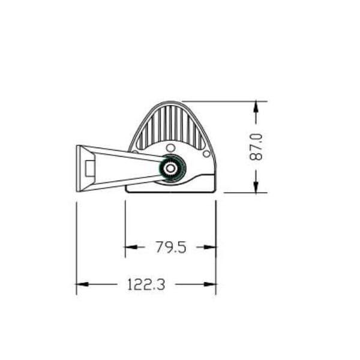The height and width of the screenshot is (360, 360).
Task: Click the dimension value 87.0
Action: coord(256,147)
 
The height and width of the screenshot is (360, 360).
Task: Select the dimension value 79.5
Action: coord(171,247)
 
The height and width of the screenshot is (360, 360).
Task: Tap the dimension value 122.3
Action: coord(146,284)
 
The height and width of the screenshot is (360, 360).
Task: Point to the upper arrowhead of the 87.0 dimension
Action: coord(256,107)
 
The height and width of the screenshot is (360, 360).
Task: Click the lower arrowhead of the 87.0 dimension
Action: coord(256,187)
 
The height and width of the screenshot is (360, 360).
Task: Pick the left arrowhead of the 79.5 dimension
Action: coord(131,247)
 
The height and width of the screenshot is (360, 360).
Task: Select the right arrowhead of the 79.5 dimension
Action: coord(210,247)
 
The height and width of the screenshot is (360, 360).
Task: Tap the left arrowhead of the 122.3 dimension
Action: coord(82,284)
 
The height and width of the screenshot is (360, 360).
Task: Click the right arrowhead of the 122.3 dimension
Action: coord(210,284)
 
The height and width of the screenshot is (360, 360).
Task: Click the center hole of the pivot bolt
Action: coord(170,168)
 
